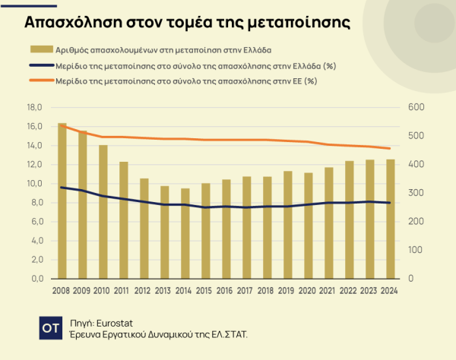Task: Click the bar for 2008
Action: [x=62, y=201]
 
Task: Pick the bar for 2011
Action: [x=124, y=220]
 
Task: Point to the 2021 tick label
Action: [x=329, y=291]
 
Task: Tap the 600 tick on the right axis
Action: [x=416, y=107]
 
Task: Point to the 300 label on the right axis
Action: [x=416, y=193]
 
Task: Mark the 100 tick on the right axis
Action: [x=416, y=250]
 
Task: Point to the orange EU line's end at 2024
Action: [x=391, y=149]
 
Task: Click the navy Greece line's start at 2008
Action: [x=62, y=187]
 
